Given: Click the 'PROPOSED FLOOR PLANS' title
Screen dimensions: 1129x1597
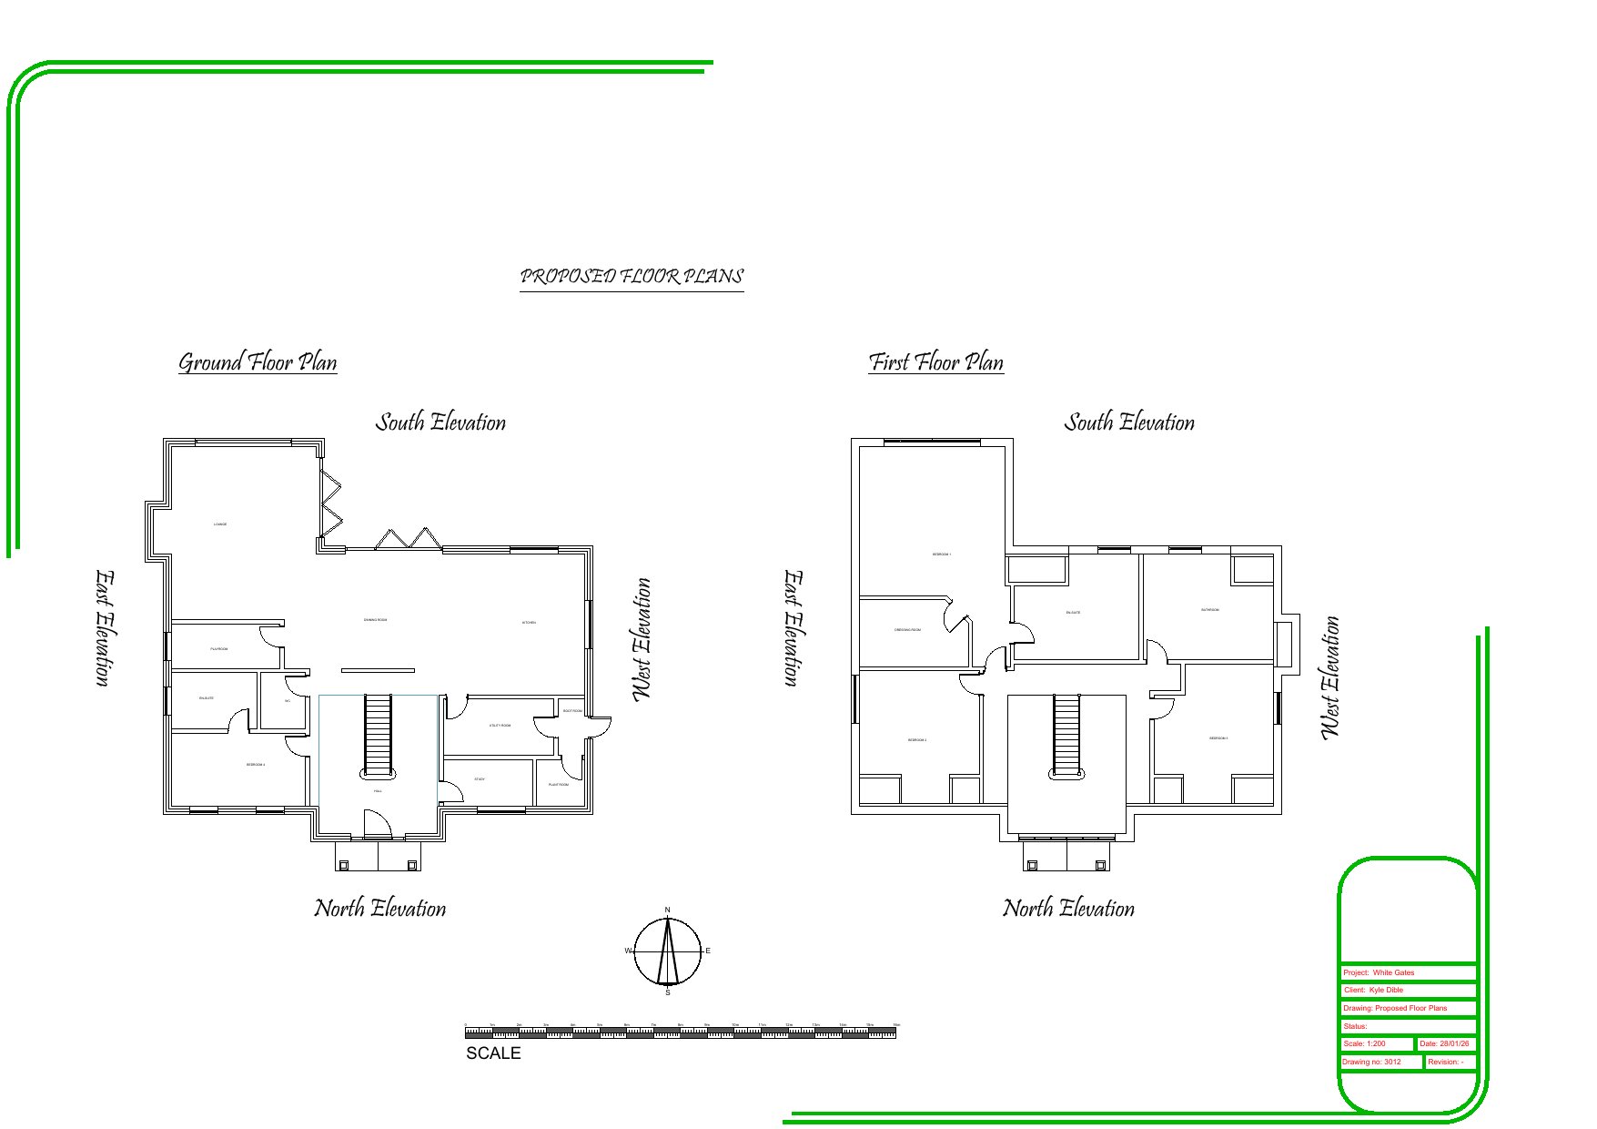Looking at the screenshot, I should click(632, 276).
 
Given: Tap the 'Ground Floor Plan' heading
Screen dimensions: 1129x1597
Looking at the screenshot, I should click(258, 362).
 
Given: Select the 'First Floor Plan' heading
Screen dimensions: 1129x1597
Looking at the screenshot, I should click(935, 362).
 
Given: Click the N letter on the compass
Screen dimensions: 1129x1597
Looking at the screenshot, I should click(667, 910).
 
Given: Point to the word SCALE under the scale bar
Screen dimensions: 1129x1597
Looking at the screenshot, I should click(493, 1053).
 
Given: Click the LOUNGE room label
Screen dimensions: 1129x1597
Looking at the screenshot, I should click(220, 524).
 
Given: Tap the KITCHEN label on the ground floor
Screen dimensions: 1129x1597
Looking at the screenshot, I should click(529, 623).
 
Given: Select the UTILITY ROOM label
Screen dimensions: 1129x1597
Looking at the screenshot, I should click(500, 726).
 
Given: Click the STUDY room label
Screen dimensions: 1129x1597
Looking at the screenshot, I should click(480, 779).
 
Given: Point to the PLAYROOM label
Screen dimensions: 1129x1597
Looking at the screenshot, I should click(219, 649).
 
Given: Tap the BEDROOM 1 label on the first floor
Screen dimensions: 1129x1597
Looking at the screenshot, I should click(942, 554).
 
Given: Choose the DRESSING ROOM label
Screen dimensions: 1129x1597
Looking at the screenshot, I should click(907, 630).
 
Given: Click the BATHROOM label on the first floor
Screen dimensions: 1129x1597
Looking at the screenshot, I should click(1209, 610).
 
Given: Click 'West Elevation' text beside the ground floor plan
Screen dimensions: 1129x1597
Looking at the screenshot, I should click(642, 639).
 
